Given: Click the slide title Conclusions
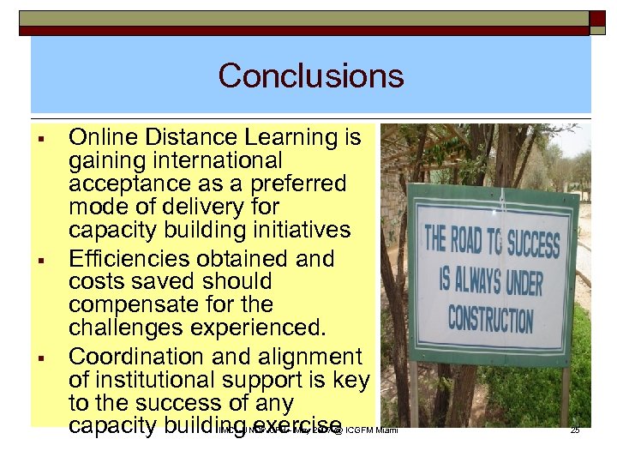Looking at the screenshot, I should coord(310,76).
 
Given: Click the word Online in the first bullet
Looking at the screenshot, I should coord(96,137).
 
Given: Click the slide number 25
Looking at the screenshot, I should coord(575,430).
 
